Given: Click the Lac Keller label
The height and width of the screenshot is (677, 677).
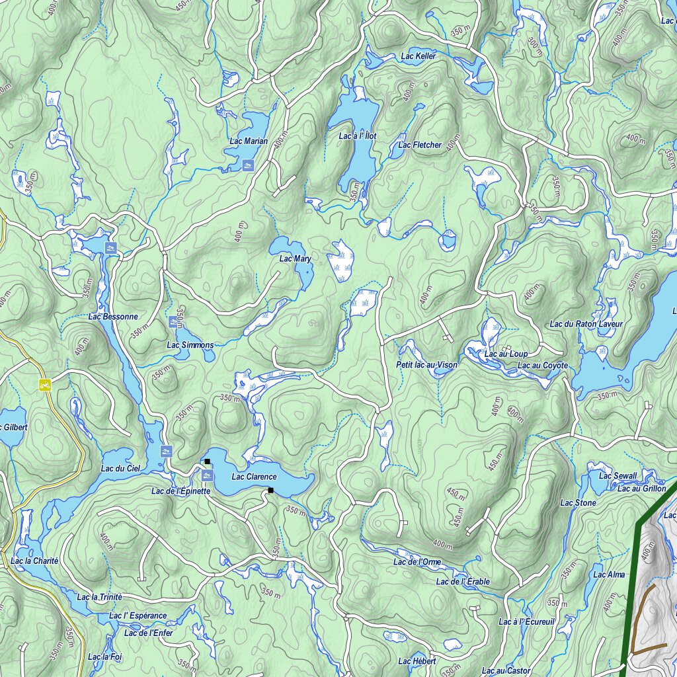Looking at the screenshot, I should [x=418, y=56].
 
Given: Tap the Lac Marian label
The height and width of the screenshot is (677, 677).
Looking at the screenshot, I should [x=249, y=141].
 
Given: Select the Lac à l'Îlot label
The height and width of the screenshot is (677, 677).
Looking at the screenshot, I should [x=357, y=136].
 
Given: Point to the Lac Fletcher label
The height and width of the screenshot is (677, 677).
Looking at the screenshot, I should [x=420, y=145].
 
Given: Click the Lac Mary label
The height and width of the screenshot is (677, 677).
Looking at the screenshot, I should [x=295, y=259].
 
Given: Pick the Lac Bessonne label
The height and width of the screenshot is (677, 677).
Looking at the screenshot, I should [x=113, y=317].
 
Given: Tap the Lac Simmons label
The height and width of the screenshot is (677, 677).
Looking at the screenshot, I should [x=190, y=345].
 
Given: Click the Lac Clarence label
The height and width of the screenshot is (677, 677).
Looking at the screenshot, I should [x=254, y=477].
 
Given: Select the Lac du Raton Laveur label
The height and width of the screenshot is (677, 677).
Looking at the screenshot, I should [x=586, y=324].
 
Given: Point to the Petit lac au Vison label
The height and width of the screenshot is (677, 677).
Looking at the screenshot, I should [x=426, y=365].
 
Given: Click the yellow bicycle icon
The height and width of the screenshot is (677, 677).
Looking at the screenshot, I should [x=45, y=383].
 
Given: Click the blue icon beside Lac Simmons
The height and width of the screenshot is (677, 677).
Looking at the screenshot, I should [x=174, y=322].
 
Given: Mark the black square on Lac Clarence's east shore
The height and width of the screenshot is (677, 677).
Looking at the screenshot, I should [x=270, y=490].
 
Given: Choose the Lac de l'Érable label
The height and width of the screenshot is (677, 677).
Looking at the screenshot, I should [x=463, y=582].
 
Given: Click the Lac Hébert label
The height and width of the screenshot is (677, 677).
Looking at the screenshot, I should [x=417, y=661].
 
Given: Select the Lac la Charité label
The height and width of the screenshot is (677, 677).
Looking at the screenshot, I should [x=34, y=561].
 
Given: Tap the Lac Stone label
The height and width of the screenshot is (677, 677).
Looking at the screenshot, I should [x=578, y=503].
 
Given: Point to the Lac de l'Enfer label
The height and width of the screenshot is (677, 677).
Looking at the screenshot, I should [x=148, y=633].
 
